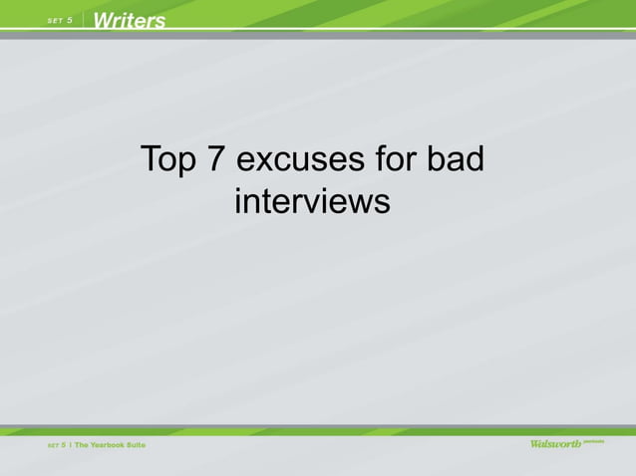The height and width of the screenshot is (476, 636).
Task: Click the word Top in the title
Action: pyautogui.click(x=167, y=159)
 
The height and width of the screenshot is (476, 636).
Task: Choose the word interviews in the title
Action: pyautogui.click(x=311, y=201)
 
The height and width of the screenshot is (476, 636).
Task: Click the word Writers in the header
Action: pyautogui.click(x=131, y=20)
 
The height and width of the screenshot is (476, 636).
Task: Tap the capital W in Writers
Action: pyautogui.click(x=105, y=20)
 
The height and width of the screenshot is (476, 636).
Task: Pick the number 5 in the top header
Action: pyautogui.click(x=71, y=21)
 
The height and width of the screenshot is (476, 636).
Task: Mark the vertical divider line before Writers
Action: pyautogui.click(x=85, y=20)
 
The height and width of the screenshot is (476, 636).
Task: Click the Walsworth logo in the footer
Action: pyautogui.click(x=555, y=444)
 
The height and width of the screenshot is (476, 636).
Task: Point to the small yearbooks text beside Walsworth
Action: pyautogui.click(x=594, y=440)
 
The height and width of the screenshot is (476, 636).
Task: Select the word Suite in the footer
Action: pyautogui.click(x=136, y=444)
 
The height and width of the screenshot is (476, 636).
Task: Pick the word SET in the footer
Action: pyautogui.click(x=53, y=444)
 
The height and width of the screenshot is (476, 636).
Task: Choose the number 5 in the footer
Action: pyautogui.click(x=64, y=444)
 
